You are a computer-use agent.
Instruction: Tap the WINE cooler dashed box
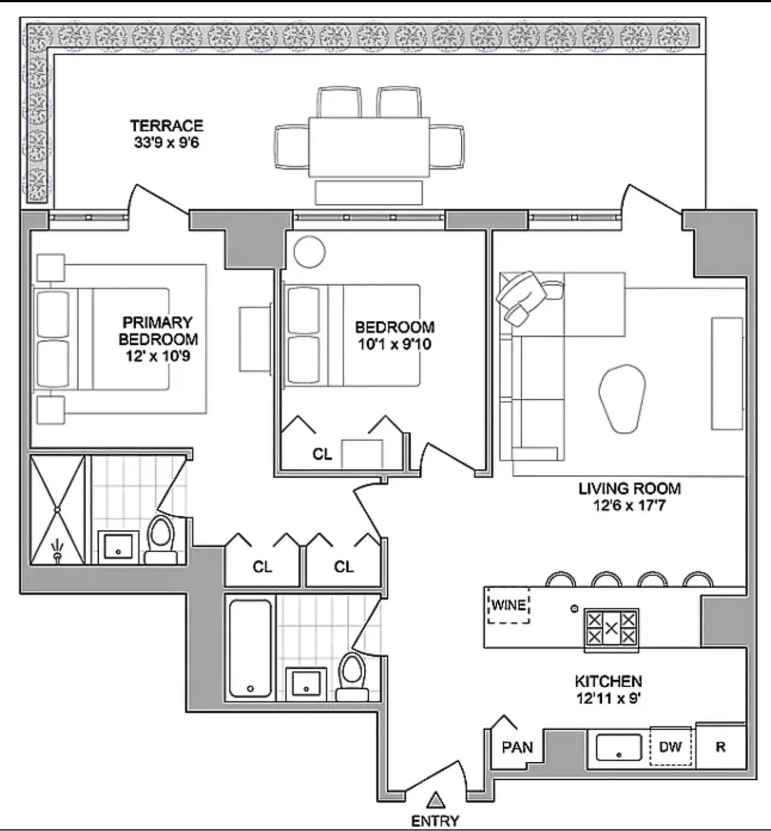(x=509, y=606)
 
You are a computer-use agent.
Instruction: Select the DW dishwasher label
(x=670, y=747)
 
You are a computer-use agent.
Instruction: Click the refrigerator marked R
(x=721, y=747)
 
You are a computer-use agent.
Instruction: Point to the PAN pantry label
(x=517, y=747)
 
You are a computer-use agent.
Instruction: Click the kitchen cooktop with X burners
(x=611, y=628)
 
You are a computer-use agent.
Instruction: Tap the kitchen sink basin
(x=619, y=747)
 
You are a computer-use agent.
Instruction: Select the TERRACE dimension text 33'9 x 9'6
(x=166, y=143)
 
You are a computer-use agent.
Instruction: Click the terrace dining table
(x=369, y=147)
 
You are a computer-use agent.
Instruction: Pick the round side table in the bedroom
(x=310, y=252)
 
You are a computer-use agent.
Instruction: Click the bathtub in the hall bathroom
(x=250, y=648)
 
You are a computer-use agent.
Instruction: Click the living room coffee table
(x=622, y=398)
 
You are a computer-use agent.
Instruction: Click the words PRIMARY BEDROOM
(x=158, y=331)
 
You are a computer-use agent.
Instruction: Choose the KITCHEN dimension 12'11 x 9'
(x=608, y=698)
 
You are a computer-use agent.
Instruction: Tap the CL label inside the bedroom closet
(x=322, y=454)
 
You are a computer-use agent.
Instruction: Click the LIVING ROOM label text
(x=629, y=488)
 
